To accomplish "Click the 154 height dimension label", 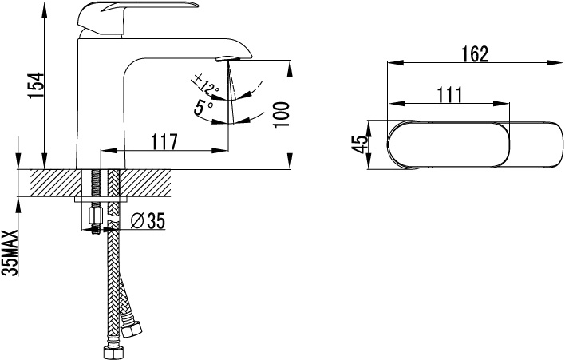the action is tap(36, 85).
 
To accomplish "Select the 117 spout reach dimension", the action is tap(164, 141).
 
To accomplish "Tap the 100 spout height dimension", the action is tap(282, 115).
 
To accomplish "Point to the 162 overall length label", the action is tap(475, 54).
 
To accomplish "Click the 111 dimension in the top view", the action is tap(449, 95).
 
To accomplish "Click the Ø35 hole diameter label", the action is tap(148, 220).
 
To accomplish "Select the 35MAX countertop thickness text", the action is tap(10, 252).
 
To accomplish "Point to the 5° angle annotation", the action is tap(203, 108).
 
